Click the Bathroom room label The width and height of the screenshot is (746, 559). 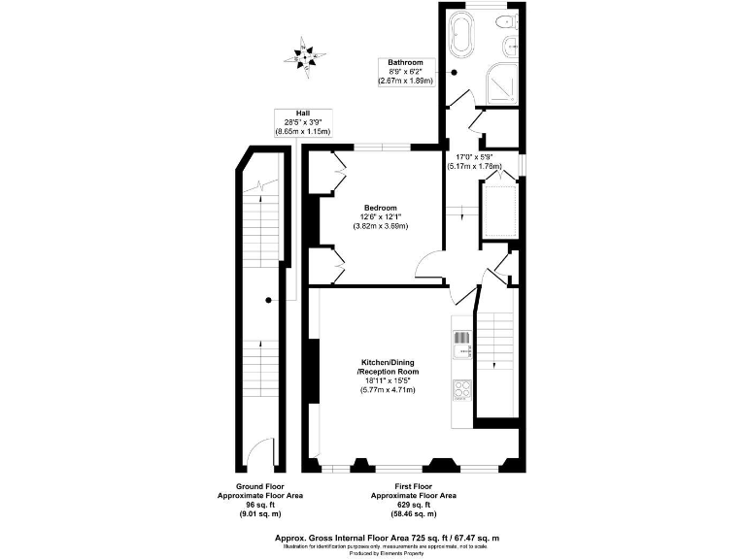click(405, 63)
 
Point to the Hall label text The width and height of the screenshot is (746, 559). click(303, 114)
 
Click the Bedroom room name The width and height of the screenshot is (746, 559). click(381, 208)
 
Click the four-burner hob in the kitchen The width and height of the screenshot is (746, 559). click(461, 389)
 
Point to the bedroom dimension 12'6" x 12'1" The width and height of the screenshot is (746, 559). click(381, 216)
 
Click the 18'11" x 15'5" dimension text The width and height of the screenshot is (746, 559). click(387, 380)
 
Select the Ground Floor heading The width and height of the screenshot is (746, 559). click(259, 486)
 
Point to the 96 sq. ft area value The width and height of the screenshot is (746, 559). click(259, 505)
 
